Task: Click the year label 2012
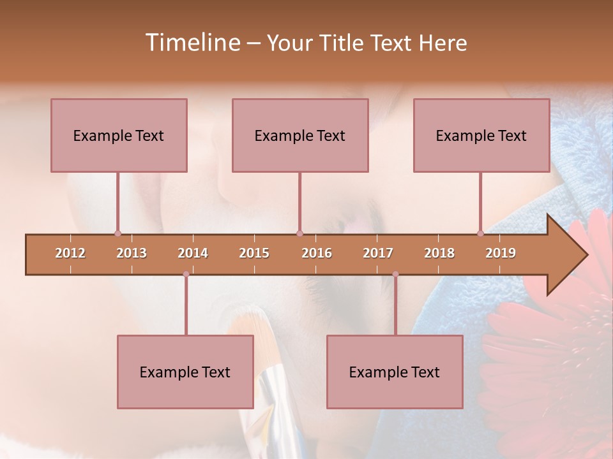tap(70, 253)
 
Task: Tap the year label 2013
tap(132, 253)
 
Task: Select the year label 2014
tap(193, 253)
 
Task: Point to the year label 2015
tap(254, 253)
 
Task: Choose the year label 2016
tap(317, 253)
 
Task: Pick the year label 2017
tap(378, 253)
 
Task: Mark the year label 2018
tap(439, 253)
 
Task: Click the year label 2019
tap(501, 253)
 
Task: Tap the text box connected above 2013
tap(119, 135)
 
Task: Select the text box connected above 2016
tap(300, 135)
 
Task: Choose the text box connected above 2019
tap(481, 135)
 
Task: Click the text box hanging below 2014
tap(185, 372)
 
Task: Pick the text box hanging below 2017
tap(395, 372)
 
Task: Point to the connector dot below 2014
tap(186, 274)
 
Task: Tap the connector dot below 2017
tap(395, 274)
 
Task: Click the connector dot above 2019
tap(480, 233)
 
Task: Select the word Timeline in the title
tap(192, 43)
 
